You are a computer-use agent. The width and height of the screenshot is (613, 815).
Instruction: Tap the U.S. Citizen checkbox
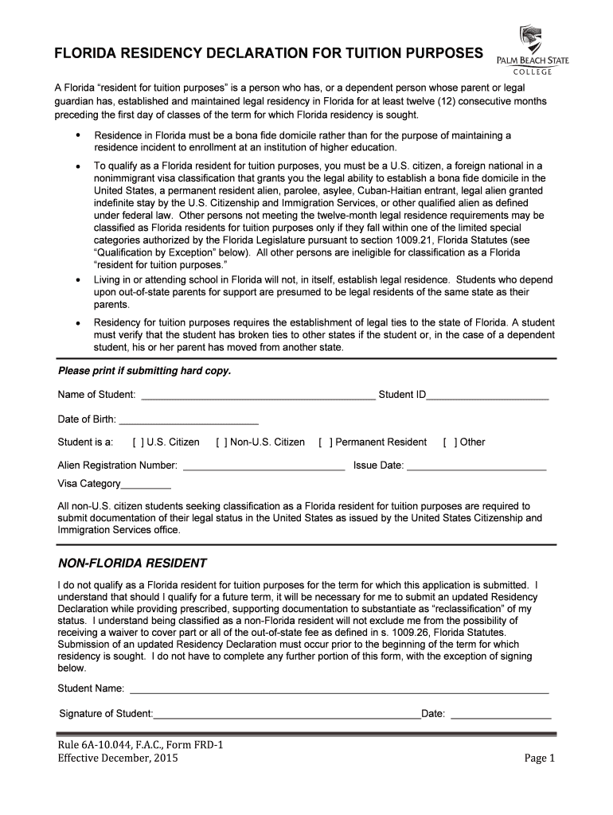pyautogui.click(x=138, y=443)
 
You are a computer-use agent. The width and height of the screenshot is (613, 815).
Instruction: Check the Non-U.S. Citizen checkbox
pyautogui.click(x=221, y=443)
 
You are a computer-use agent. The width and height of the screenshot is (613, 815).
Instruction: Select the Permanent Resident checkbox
pyautogui.click(x=325, y=443)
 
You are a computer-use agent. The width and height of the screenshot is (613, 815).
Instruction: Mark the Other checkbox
pyautogui.click(x=450, y=443)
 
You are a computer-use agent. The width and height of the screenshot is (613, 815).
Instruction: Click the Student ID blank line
pyautogui.click(x=487, y=395)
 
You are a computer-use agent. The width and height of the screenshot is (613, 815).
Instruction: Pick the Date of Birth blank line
pyautogui.click(x=189, y=419)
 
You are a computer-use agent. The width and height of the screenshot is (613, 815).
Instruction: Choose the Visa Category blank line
pyautogui.click(x=146, y=484)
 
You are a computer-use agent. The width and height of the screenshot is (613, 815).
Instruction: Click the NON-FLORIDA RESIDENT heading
pyautogui.click(x=132, y=563)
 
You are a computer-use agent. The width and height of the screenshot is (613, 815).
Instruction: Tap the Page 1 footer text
pyautogui.click(x=538, y=758)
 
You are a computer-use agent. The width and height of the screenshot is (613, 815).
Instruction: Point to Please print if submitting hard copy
pyautogui.click(x=144, y=372)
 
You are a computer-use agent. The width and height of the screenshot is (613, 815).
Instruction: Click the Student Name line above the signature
pyautogui.click(x=339, y=688)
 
